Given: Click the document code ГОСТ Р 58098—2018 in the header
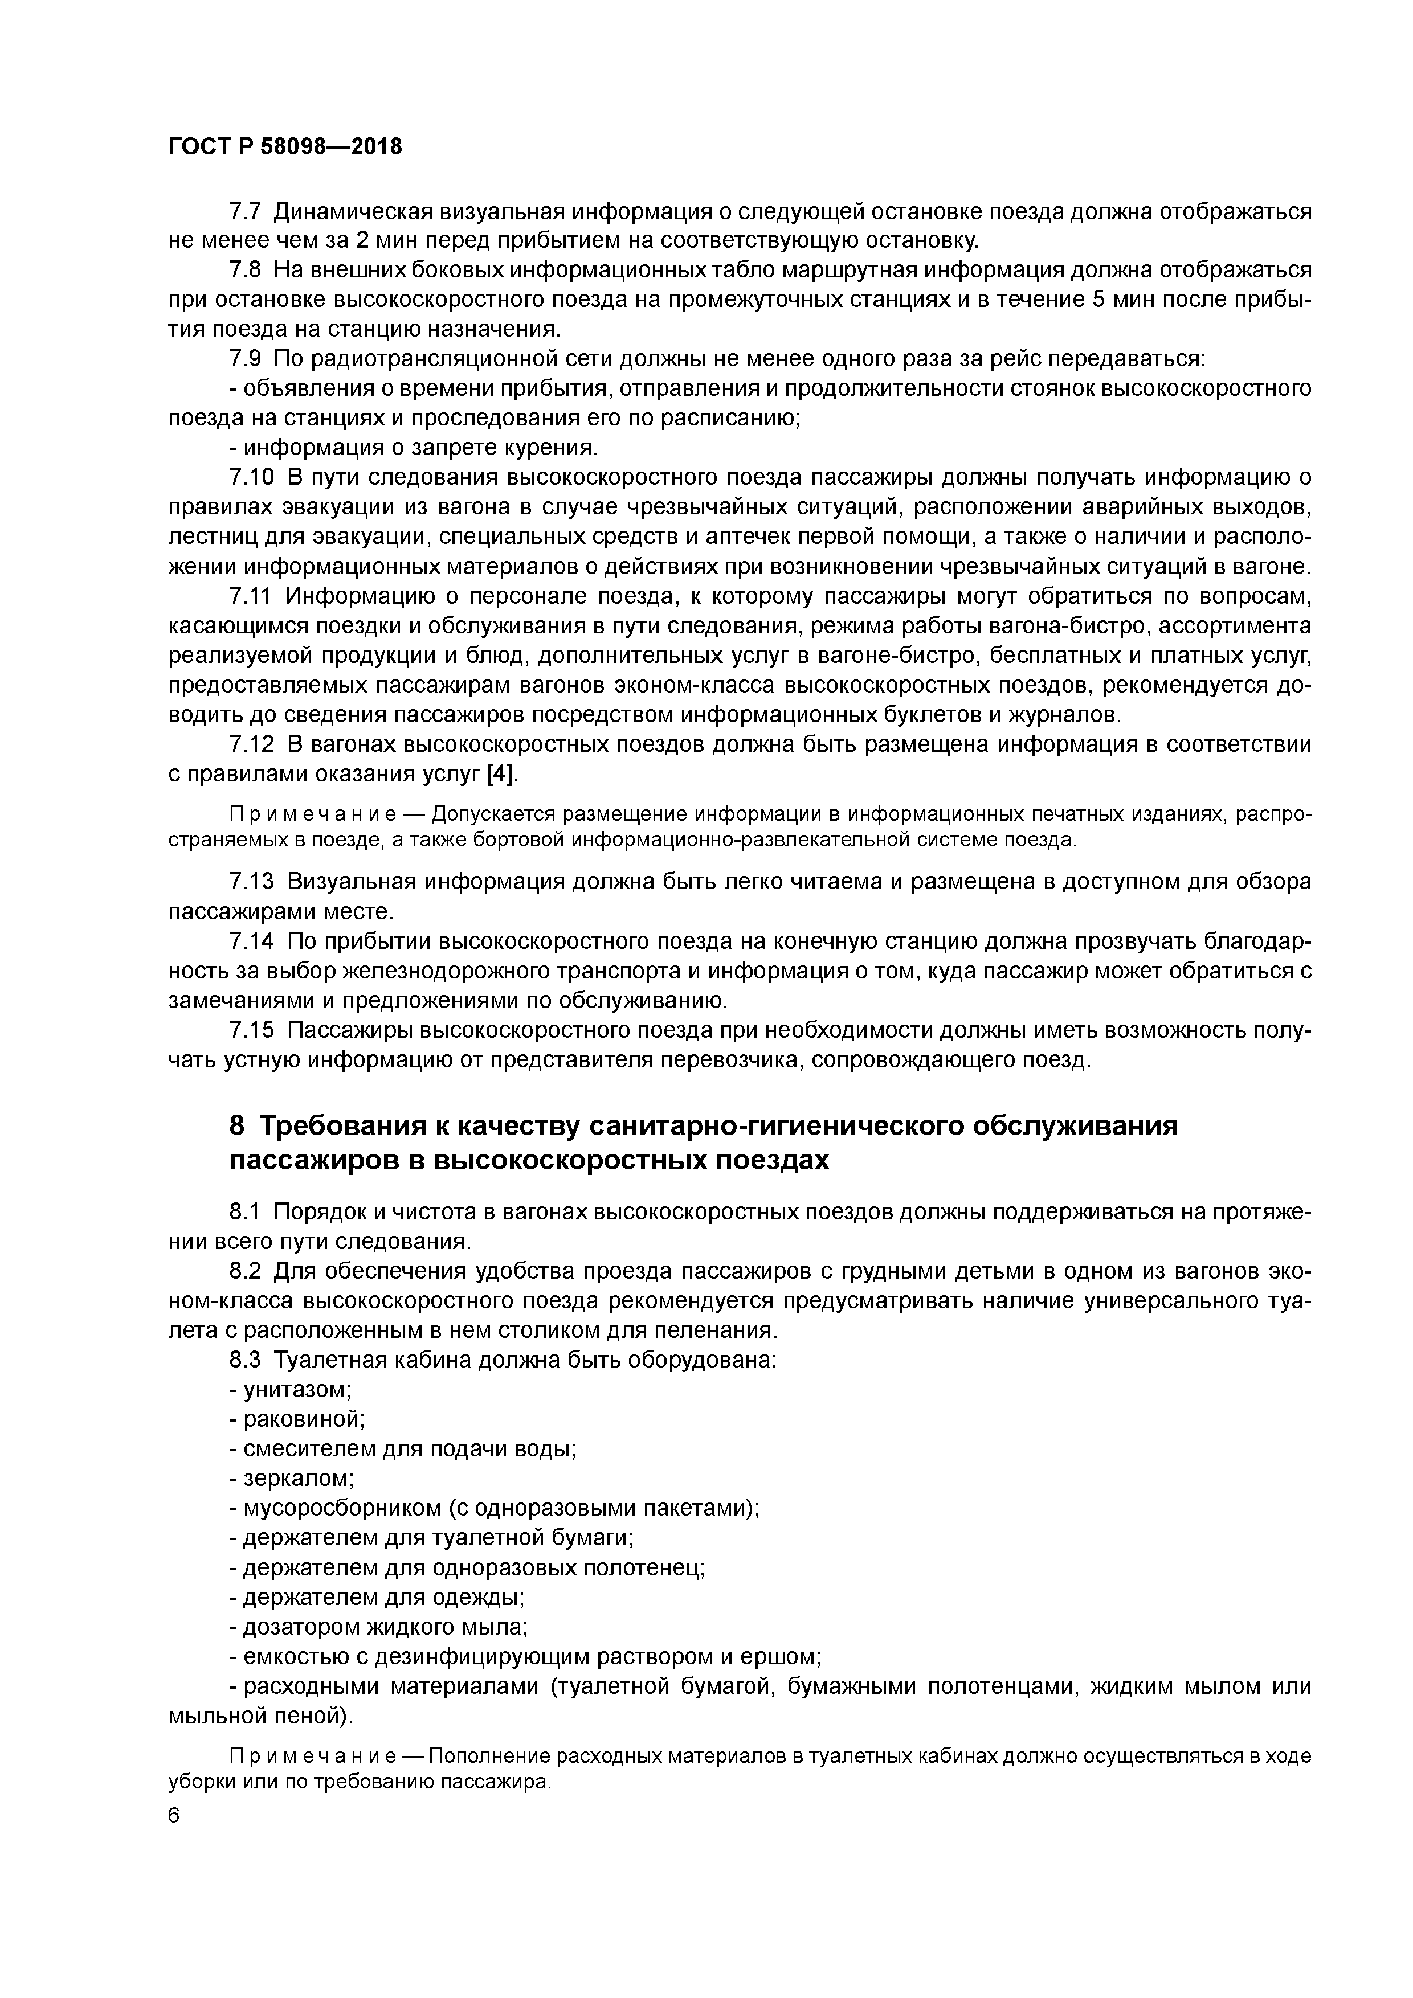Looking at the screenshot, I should pyautogui.click(x=285, y=147).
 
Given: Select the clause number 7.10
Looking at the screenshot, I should pyautogui.click(x=252, y=477).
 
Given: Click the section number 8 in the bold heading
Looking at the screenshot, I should pyautogui.click(x=237, y=1126).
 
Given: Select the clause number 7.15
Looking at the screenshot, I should pyautogui.click(x=252, y=1030).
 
